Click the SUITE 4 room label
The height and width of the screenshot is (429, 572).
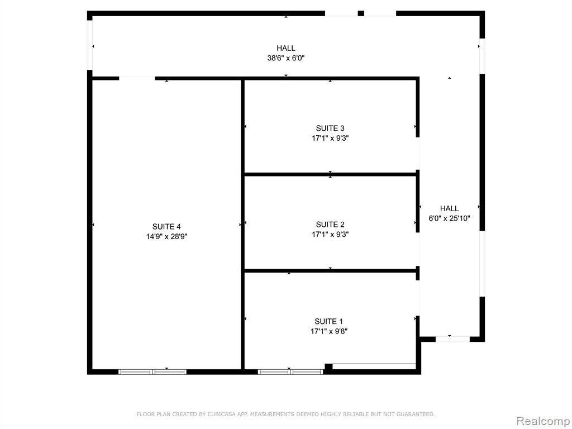click(166, 227)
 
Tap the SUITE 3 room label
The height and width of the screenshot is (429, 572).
click(330, 128)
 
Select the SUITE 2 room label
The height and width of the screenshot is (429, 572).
click(330, 225)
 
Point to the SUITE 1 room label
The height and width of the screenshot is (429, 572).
click(328, 322)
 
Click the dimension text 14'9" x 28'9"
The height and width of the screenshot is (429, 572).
click(166, 237)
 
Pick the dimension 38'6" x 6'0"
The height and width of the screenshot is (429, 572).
click(286, 58)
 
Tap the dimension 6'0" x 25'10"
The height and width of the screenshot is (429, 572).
click(449, 218)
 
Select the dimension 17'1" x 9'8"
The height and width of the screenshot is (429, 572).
click(328, 332)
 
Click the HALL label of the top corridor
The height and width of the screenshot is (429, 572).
click(286, 48)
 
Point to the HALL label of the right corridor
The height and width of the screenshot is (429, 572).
click(449, 209)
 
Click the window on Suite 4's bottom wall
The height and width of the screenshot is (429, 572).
click(152, 372)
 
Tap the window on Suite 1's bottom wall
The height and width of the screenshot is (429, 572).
click(290, 372)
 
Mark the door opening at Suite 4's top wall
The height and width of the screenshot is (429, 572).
click(137, 78)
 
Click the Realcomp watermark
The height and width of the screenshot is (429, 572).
click(544, 421)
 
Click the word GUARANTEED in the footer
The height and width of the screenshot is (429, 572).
click(416, 414)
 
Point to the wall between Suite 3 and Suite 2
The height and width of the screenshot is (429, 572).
click(330, 174)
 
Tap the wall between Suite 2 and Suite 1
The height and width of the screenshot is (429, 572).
click(330, 271)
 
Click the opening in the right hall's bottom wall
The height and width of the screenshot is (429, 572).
click(452, 339)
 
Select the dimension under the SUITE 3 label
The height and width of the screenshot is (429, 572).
click(330, 139)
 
